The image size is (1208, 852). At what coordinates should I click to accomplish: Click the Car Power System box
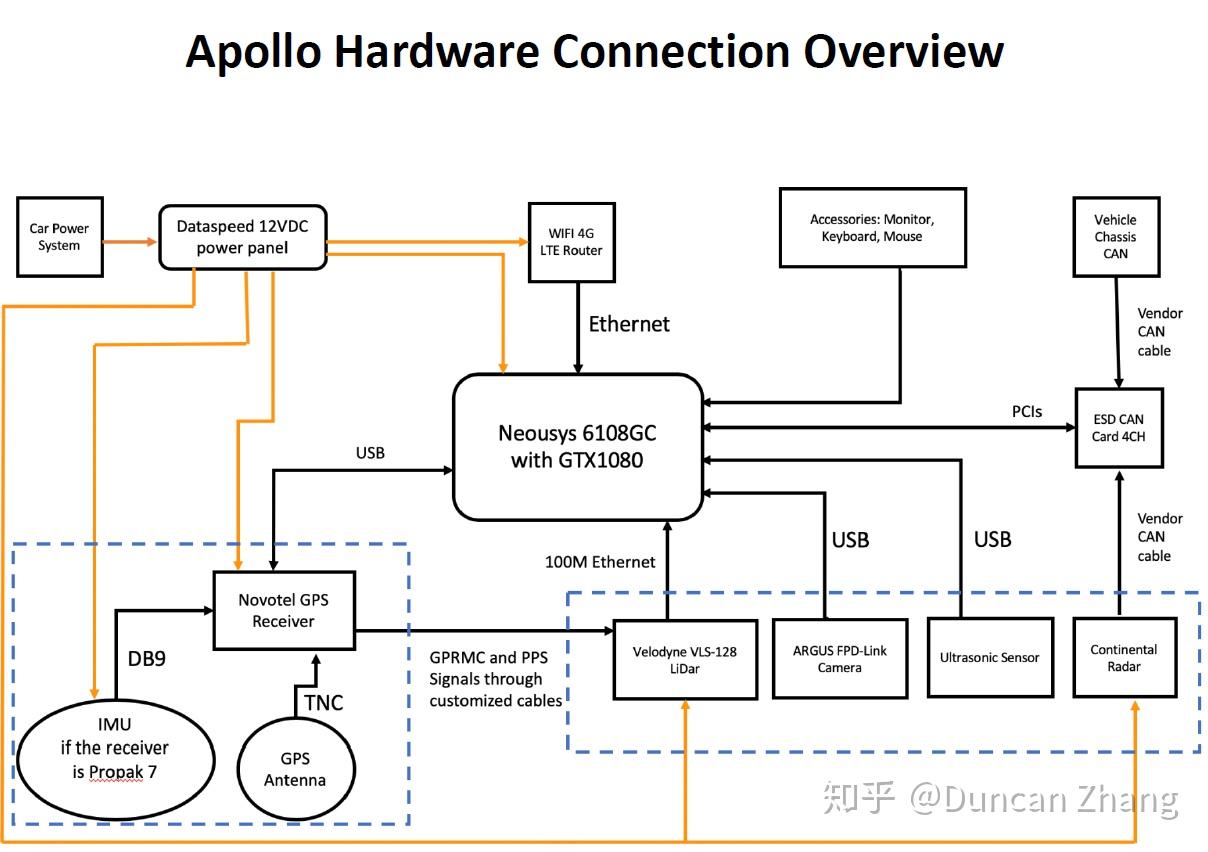[x=60, y=237]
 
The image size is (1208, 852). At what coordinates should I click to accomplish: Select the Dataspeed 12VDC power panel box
[x=243, y=237]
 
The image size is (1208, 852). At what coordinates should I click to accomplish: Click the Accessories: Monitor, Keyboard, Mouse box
[x=872, y=228]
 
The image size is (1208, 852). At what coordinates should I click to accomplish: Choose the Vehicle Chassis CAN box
[x=1115, y=236]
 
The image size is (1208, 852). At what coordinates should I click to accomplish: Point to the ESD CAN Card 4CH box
[x=1119, y=427]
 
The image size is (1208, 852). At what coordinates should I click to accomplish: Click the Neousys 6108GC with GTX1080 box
[x=577, y=447]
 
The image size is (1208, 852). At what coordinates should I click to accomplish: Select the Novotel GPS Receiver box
[x=283, y=611]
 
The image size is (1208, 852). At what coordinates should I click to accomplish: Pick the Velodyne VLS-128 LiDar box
[x=685, y=659]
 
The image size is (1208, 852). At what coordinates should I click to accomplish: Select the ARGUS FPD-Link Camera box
[x=839, y=658]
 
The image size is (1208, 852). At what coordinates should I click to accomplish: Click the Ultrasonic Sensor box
[x=989, y=657]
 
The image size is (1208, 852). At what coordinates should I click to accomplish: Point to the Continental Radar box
[x=1124, y=657]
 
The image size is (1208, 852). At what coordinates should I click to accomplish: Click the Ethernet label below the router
[x=628, y=324]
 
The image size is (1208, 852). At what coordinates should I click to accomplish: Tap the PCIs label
[x=1026, y=411]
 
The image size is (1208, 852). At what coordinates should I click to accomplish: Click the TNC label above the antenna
[x=323, y=702]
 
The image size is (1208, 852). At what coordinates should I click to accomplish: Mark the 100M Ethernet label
[x=600, y=562]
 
